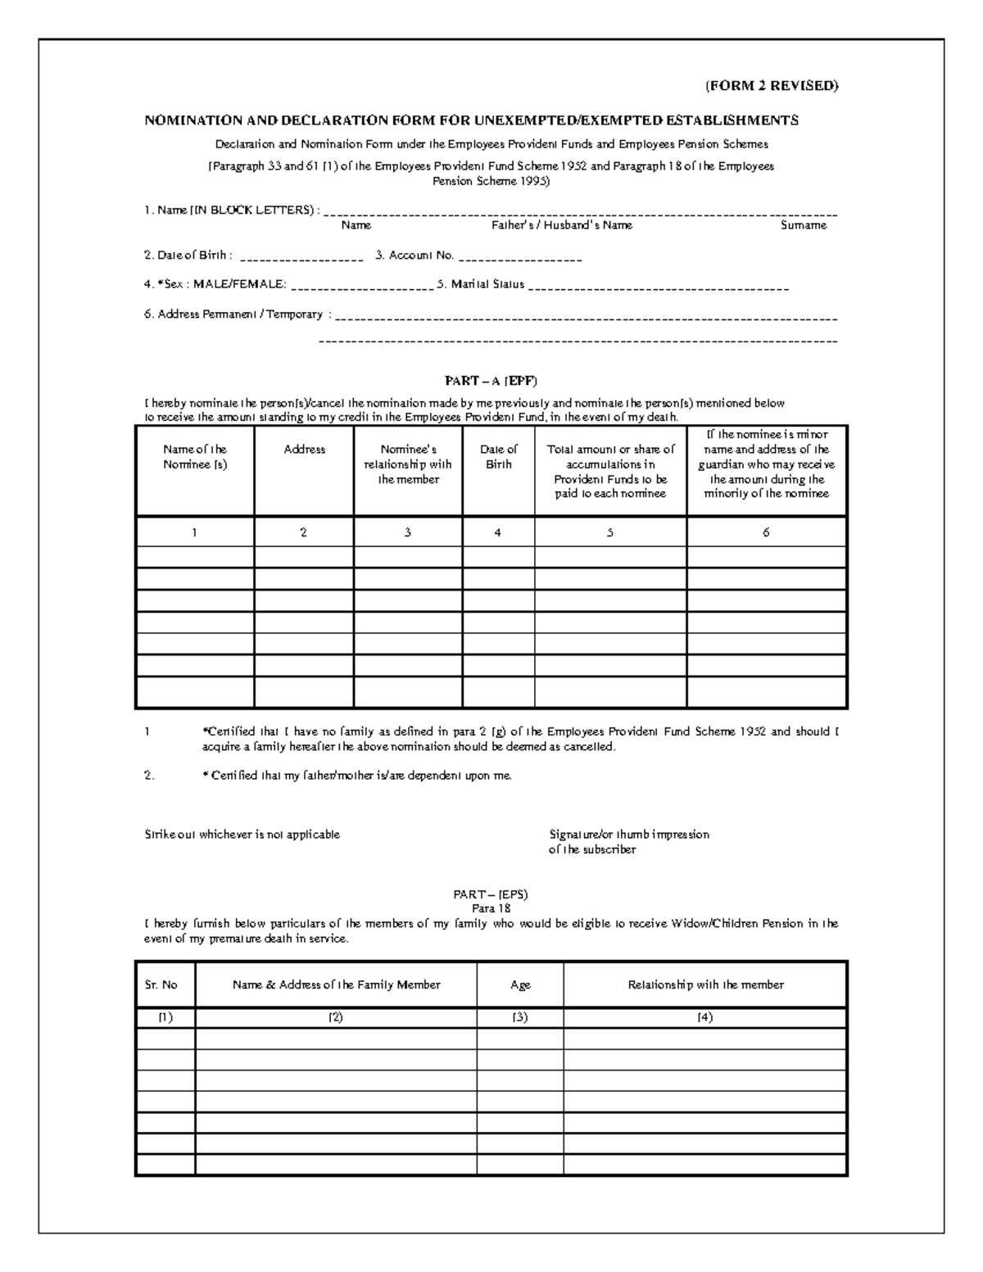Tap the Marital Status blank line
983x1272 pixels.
[658, 287]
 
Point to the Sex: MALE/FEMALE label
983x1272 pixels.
[215, 284]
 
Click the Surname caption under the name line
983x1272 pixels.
[803, 225]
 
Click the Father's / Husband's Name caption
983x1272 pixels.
[561, 225]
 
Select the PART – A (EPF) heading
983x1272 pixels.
[491, 381]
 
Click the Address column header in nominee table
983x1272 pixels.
[304, 450]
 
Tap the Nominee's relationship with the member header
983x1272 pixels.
[407, 464]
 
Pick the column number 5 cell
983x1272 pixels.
[610, 532]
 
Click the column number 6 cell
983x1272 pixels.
[766, 532]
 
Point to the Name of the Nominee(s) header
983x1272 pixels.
[195, 457]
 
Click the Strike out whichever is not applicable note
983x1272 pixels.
[242, 835]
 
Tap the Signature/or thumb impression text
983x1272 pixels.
[628, 835]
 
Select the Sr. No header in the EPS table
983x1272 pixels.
[161, 985]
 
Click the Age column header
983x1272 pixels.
[520, 985]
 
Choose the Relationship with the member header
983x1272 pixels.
[705, 985]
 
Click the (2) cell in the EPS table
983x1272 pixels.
[336, 1017]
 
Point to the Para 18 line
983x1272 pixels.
[491, 908]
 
